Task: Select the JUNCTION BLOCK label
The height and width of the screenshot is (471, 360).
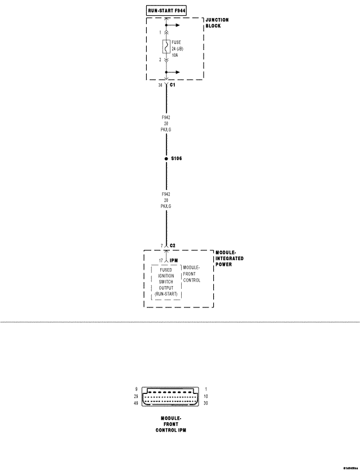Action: click(x=217, y=23)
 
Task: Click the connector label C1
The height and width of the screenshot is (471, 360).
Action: click(x=173, y=85)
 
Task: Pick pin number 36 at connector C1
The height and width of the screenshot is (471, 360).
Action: click(x=161, y=85)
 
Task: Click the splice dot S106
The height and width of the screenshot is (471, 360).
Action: click(x=166, y=159)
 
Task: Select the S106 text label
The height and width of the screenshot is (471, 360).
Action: click(x=177, y=159)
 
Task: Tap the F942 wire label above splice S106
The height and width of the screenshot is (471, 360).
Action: click(x=166, y=117)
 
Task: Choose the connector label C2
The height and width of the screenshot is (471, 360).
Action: click(x=173, y=246)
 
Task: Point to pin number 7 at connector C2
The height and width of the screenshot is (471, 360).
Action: click(x=161, y=246)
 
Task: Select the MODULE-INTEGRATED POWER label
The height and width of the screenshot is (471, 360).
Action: click(x=229, y=259)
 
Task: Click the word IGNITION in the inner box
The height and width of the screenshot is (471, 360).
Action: click(x=166, y=276)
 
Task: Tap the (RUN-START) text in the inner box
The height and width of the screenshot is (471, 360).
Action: click(x=166, y=294)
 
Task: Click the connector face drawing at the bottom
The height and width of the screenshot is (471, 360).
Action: click(x=174, y=396)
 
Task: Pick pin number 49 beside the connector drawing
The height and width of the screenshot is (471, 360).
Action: click(x=137, y=403)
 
